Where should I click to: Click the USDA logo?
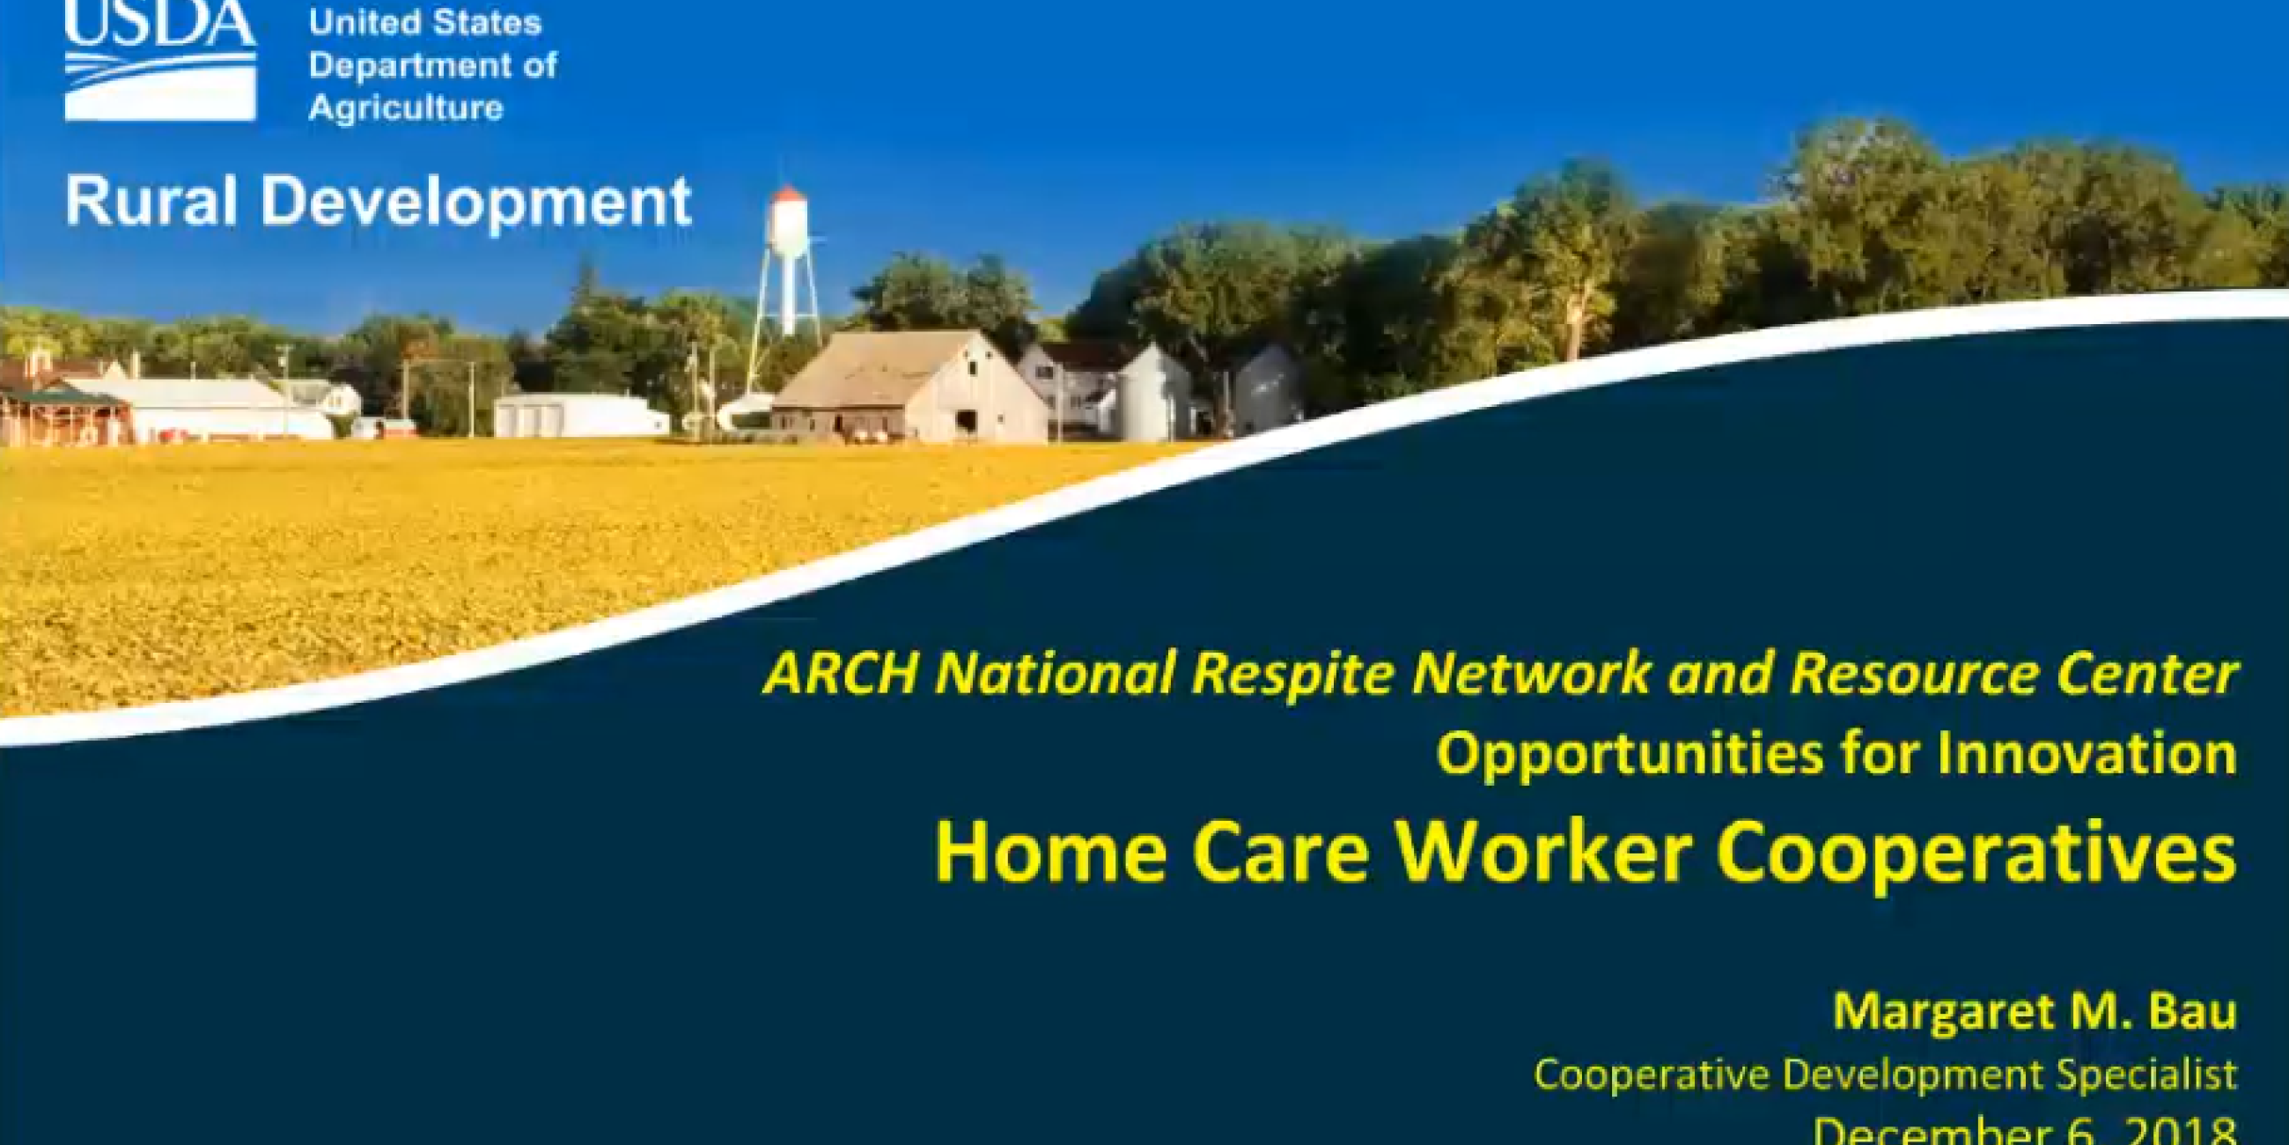pos(160,61)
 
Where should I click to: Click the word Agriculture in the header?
pos(406,108)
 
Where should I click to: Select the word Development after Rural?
pos(475,203)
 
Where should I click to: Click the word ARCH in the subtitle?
pos(840,673)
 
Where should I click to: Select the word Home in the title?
pos(1051,852)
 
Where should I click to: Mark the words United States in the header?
pos(424,23)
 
